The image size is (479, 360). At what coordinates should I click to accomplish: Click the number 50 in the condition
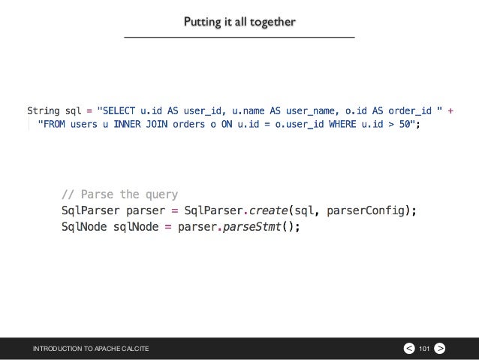[405, 125]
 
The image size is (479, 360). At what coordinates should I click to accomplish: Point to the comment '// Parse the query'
[120, 195]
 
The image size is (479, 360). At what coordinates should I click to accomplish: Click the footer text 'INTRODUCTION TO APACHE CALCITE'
[90, 349]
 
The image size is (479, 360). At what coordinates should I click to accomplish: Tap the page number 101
[423, 349]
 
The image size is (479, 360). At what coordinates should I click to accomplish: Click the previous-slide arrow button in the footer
[408, 349]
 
